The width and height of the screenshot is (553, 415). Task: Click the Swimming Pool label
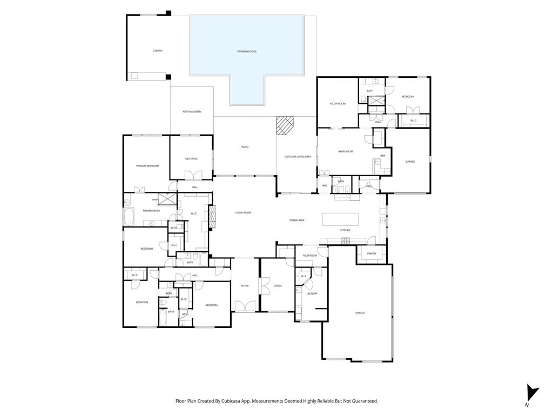click(x=247, y=51)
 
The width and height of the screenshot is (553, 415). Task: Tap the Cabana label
click(x=157, y=51)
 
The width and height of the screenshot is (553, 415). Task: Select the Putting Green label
click(x=192, y=112)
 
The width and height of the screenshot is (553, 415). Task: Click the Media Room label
click(x=338, y=103)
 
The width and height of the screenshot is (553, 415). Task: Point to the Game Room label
click(x=345, y=151)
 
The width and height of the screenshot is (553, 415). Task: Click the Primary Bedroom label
click(x=147, y=166)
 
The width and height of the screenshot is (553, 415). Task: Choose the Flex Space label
click(x=191, y=159)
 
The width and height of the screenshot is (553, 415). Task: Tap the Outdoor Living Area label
click(x=298, y=157)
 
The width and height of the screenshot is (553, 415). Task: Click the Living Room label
click(x=243, y=213)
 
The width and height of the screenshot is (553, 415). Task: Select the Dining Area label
click(x=297, y=220)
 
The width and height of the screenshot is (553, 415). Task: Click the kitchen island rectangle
click(x=340, y=219)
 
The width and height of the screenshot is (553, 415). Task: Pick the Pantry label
click(x=372, y=253)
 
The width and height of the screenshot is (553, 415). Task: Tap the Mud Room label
click(x=309, y=255)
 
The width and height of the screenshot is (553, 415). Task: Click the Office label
click(x=278, y=286)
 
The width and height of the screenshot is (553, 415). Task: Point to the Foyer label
click(x=245, y=286)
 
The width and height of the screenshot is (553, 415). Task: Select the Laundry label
click(x=312, y=293)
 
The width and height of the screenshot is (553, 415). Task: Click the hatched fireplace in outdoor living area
click(x=284, y=126)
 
